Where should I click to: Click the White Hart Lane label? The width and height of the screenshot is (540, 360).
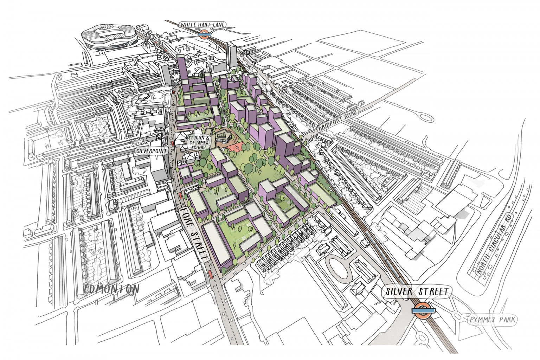tap(203, 25)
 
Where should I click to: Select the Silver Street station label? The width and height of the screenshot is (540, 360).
tap(417, 292)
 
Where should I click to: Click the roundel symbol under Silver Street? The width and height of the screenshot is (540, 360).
tap(424, 310)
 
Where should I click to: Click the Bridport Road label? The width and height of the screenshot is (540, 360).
tap(338, 121)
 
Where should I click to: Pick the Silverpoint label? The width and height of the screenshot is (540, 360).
tap(151, 150)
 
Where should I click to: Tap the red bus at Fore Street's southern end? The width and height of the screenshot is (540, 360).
tap(211, 275)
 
